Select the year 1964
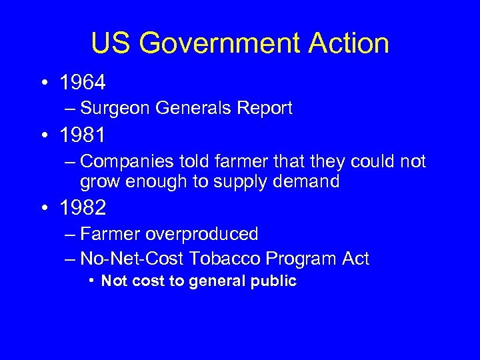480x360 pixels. click(x=82, y=83)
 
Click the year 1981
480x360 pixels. click(x=82, y=137)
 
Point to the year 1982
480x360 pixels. click(x=82, y=208)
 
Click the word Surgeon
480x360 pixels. click(x=114, y=109)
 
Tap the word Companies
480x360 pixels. click(x=127, y=162)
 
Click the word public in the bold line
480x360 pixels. click(x=273, y=281)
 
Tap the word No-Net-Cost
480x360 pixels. click(x=132, y=258)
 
